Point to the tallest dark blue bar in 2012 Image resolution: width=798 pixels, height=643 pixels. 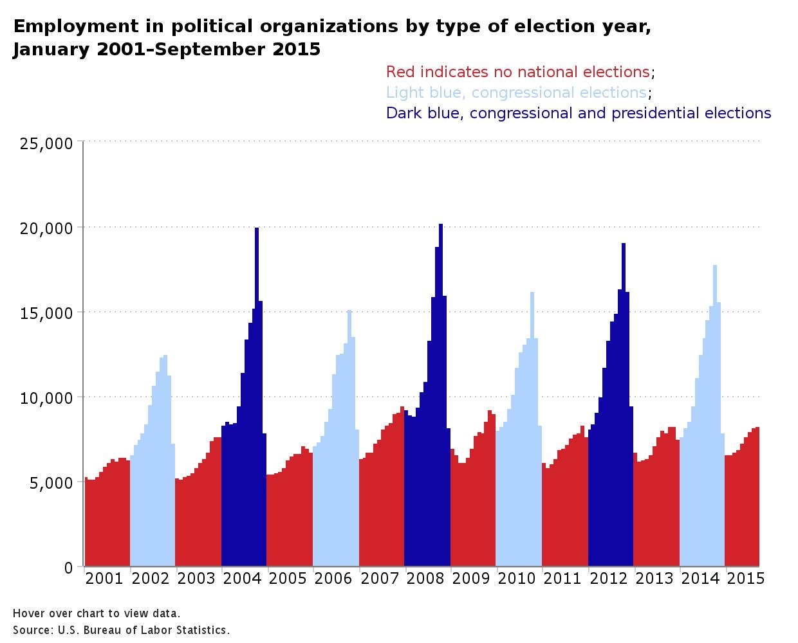click(x=624, y=405)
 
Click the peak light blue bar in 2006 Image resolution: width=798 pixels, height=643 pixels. click(x=349, y=437)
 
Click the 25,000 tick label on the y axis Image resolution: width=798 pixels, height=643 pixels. click(x=46, y=143)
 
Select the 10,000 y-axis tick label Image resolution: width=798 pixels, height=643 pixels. click(x=46, y=397)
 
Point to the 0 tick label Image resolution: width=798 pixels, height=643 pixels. click(x=69, y=567)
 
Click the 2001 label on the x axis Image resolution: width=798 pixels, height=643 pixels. click(x=104, y=579)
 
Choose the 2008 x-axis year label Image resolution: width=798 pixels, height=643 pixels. click(x=425, y=579)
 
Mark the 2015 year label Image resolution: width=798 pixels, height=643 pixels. click(x=745, y=579)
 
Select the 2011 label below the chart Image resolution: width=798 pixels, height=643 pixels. click(x=562, y=579)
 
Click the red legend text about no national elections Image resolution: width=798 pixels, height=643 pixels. click(x=517, y=72)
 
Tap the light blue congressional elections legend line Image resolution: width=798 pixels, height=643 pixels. click(x=516, y=93)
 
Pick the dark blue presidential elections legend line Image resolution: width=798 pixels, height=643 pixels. click(x=578, y=113)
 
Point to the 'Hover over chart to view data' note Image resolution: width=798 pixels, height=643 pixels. click(x=97, y=613)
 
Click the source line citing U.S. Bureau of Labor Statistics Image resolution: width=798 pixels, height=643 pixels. click(x=121, y=630)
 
